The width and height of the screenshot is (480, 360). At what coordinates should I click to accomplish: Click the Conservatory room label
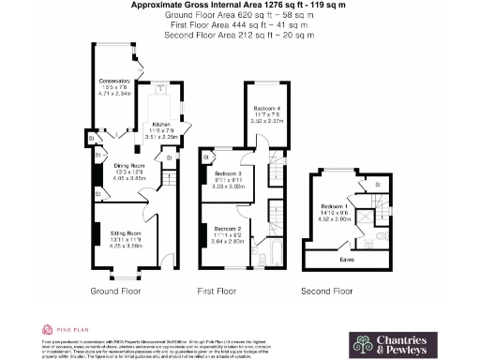(x=114, y=81)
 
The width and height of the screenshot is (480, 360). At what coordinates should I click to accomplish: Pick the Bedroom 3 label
(x=228, y=174)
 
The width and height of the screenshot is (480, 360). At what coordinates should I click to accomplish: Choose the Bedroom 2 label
(x=228, y=228)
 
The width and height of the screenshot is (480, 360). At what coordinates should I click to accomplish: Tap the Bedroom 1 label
(x=335, y=205)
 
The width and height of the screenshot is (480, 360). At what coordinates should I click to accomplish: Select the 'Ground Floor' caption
(x=115, y=292)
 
